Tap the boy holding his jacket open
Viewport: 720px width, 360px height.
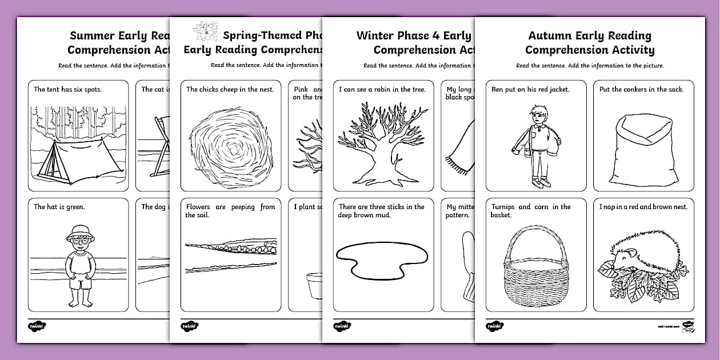[535, 146]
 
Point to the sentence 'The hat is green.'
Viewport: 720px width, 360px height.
[59, 207]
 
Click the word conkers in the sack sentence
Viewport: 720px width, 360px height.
[642, 89]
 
